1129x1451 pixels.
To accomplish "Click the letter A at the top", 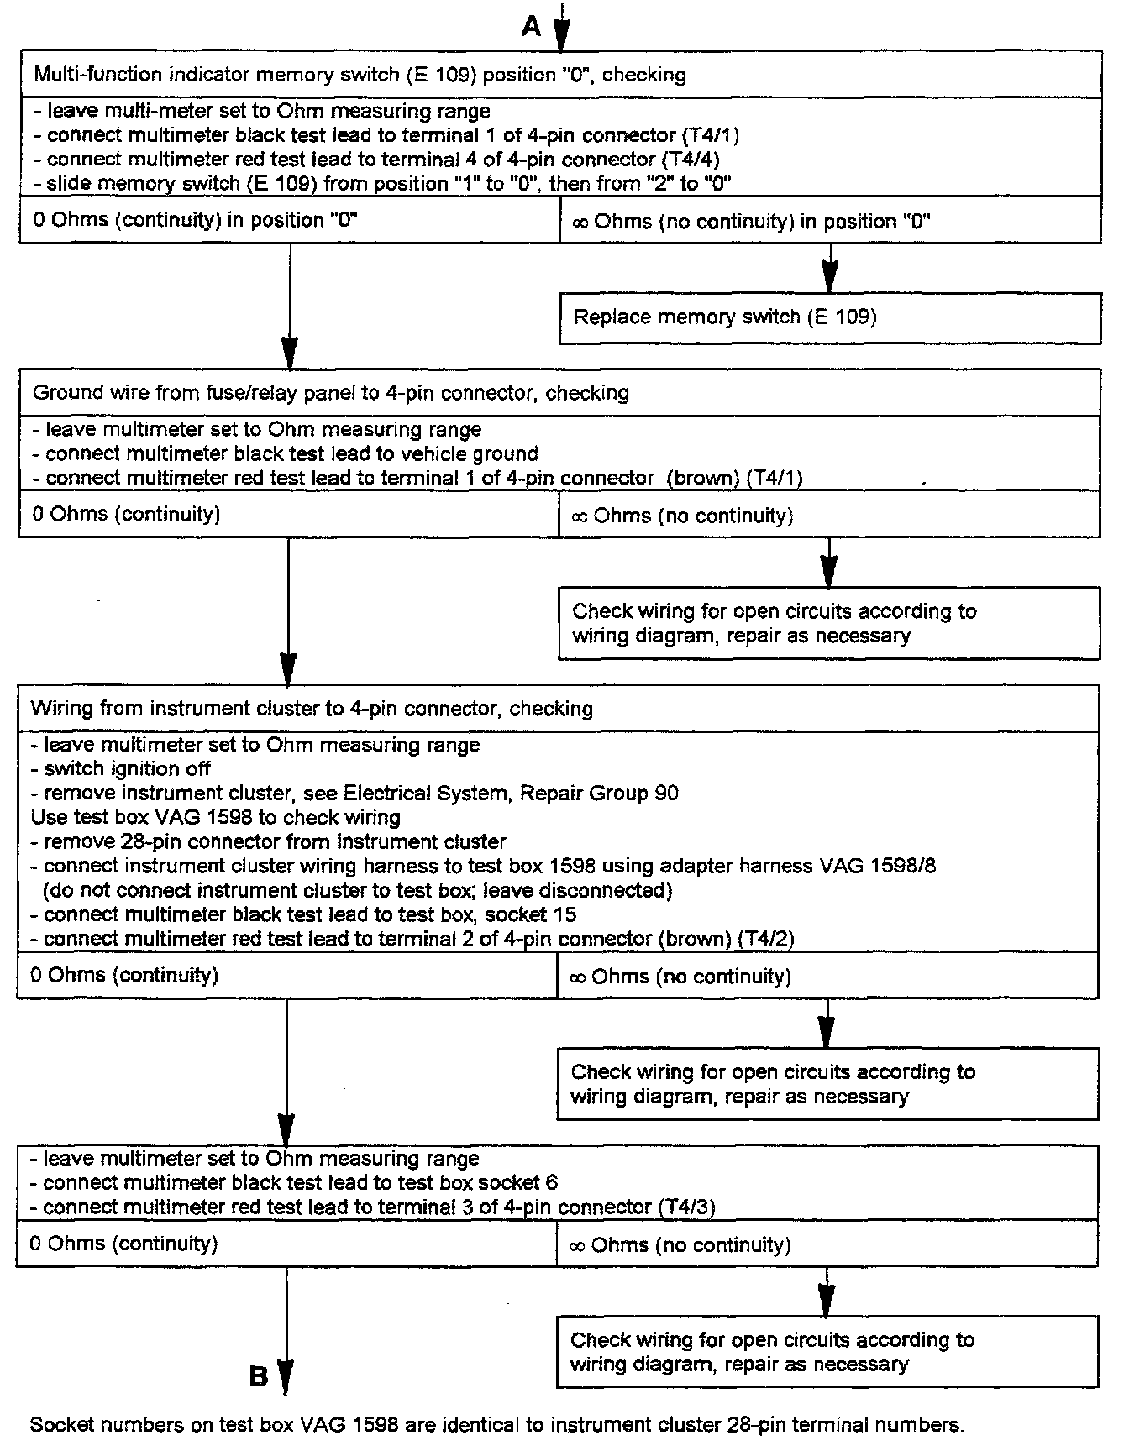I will click(531, 28).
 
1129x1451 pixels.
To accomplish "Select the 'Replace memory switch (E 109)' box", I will click(829, 317).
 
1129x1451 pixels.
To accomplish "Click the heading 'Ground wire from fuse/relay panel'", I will click(330, 393).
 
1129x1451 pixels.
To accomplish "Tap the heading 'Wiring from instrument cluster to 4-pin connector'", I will click(312, 709).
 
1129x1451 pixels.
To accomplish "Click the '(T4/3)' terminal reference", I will click(687, 1207).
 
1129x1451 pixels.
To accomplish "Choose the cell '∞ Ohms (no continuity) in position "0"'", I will click(751, 222).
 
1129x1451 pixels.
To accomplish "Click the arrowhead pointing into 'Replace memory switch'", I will click(829, 277).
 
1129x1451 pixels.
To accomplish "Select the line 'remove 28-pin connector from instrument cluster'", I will click(269, 841).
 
